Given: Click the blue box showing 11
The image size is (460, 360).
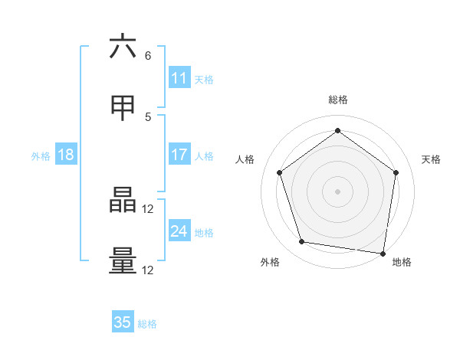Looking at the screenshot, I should coord(179,78).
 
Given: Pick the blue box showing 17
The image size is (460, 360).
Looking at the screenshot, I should coord(179,155).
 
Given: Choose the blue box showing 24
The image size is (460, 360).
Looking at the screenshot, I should coord(179,231).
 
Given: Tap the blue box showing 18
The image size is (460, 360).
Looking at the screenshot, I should coord(66,155).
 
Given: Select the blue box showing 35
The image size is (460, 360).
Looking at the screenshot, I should coord(123,322).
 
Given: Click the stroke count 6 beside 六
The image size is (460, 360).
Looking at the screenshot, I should coord(148,55).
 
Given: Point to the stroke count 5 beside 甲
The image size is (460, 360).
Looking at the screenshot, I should coord(148,116).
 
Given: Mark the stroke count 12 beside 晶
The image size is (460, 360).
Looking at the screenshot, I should coord(149,208).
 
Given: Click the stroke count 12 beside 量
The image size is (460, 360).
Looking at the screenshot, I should coord(149,270).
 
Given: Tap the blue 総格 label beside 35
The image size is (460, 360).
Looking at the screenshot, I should coord(147,324).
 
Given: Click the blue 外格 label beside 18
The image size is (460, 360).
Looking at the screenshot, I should coord(41,156).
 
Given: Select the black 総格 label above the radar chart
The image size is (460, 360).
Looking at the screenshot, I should coord(337,100).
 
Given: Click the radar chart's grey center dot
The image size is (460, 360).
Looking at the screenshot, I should coord(337,191).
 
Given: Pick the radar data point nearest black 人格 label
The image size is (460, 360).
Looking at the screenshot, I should coord(279,172).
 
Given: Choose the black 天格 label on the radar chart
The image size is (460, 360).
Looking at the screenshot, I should coord(431,159).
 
